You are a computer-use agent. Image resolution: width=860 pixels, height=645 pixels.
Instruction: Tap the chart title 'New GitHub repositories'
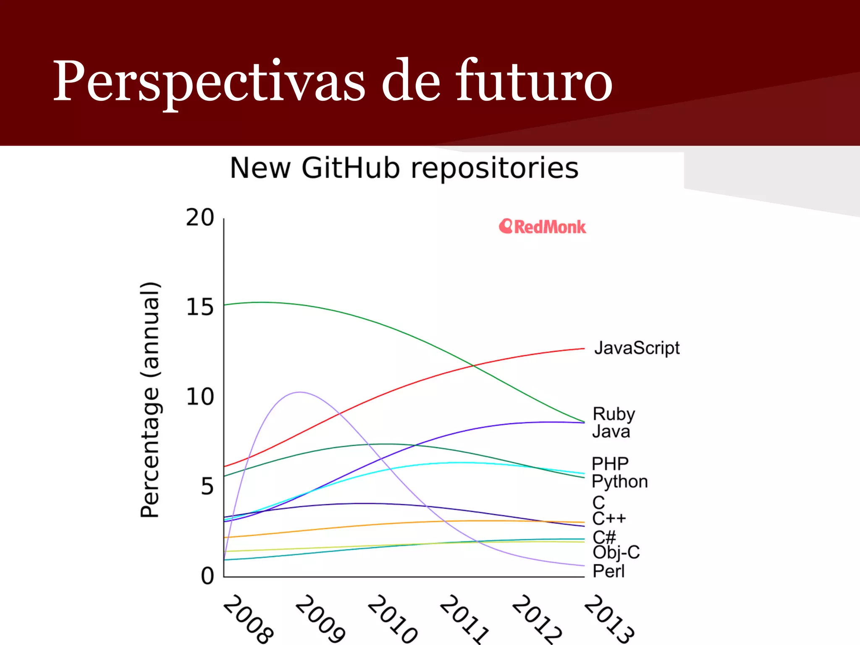click(404, 168)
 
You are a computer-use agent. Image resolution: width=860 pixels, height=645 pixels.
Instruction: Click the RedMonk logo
click(542, 227)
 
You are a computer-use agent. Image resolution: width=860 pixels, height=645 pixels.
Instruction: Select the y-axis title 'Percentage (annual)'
click(150, 400)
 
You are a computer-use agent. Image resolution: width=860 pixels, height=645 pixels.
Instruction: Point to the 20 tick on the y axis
click(200, 218)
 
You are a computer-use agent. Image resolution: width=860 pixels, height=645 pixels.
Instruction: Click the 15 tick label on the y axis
click(200, 307)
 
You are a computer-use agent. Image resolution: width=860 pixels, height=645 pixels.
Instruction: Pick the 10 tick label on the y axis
click(200, 397)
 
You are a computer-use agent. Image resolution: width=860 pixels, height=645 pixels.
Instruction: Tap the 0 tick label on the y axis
click(207, 576)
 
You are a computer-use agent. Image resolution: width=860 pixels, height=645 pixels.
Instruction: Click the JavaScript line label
click(637, 348)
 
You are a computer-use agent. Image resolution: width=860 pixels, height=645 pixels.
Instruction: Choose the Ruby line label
click(614, 414)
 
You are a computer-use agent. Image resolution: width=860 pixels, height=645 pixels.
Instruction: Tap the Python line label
click(619, 482)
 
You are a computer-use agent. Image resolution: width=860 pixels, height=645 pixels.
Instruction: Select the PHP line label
click(610, 464)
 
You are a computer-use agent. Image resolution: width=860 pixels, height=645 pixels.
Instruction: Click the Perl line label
click(608, 571)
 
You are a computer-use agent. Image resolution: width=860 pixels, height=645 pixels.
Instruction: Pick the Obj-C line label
click(616, 553)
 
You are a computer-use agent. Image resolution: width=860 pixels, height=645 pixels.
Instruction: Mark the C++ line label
click(609, 519)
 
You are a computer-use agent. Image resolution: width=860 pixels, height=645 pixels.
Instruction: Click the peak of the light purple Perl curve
click(299, 392)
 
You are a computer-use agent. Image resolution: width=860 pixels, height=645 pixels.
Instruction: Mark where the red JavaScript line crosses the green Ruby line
click(473, 366)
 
